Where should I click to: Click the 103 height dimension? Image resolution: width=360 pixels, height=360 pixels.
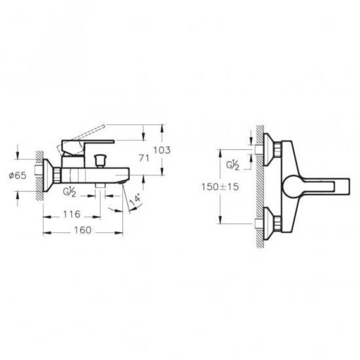pyautogui.click(x=161, y=150)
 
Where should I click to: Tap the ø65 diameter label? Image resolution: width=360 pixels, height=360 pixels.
pyautogui.click(x=17, y=175)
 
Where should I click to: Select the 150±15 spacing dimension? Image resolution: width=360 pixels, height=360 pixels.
pyautogui.click(x=220, y=187)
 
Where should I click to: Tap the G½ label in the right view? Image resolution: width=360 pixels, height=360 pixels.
pyautogui.click(x=233, y=165)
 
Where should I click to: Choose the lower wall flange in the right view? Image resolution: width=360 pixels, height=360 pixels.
pyautogui.click(x=270, y=224)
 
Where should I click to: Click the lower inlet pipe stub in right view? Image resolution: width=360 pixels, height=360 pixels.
pyautogui.click(x=259, y=224)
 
